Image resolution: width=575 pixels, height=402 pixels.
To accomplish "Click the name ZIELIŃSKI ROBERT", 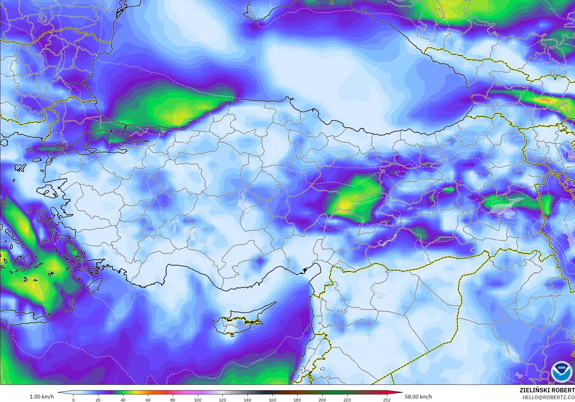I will click(547, 390).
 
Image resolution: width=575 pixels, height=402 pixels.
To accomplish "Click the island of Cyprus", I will click(237, 322).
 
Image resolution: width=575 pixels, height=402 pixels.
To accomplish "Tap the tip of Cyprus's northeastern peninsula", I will click(276, 302).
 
